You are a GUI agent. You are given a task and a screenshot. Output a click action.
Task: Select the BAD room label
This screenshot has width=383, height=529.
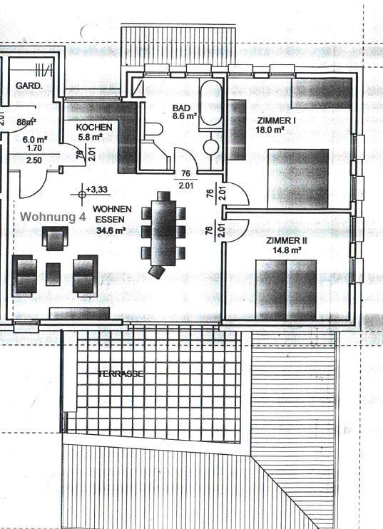coord(181,108)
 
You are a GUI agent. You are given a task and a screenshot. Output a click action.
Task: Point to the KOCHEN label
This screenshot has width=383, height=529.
coord(94,126)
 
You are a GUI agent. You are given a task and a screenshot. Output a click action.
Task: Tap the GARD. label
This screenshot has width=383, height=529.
coord(29,85)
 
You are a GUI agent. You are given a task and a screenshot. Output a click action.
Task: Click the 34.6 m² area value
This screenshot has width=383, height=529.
coord(111,230)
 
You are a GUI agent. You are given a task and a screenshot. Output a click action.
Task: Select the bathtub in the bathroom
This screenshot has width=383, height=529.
coord(212,105)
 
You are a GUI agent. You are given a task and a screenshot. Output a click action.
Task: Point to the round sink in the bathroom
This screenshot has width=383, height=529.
coord(212,147)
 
